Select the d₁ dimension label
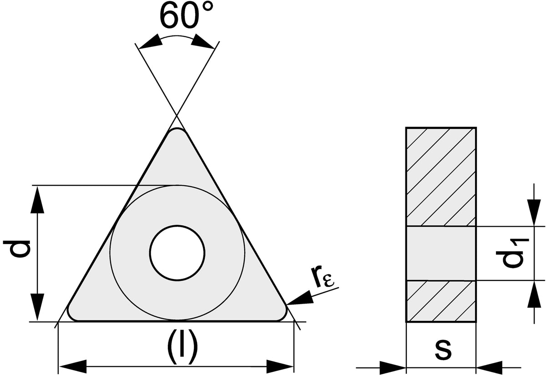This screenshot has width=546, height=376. coord(513,254)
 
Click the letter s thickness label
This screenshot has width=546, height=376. coord(443,351)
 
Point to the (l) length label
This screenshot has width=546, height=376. coord(182,347)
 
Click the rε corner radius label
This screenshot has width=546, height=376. coord(322,277)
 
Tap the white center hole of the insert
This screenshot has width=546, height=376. coord(177,253)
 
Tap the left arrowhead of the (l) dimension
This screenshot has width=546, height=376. coord(73,366)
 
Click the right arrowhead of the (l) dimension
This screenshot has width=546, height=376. coord(280,366)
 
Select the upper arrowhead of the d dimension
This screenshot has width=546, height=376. coord(37,199)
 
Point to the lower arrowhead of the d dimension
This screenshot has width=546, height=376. coord(37,307)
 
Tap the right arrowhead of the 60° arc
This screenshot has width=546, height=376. coord(203,41)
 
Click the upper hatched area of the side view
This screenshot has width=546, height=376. coord(441,177)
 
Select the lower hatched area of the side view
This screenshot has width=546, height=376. coord(441,301)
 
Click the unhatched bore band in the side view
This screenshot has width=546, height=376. coord(441,254)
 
